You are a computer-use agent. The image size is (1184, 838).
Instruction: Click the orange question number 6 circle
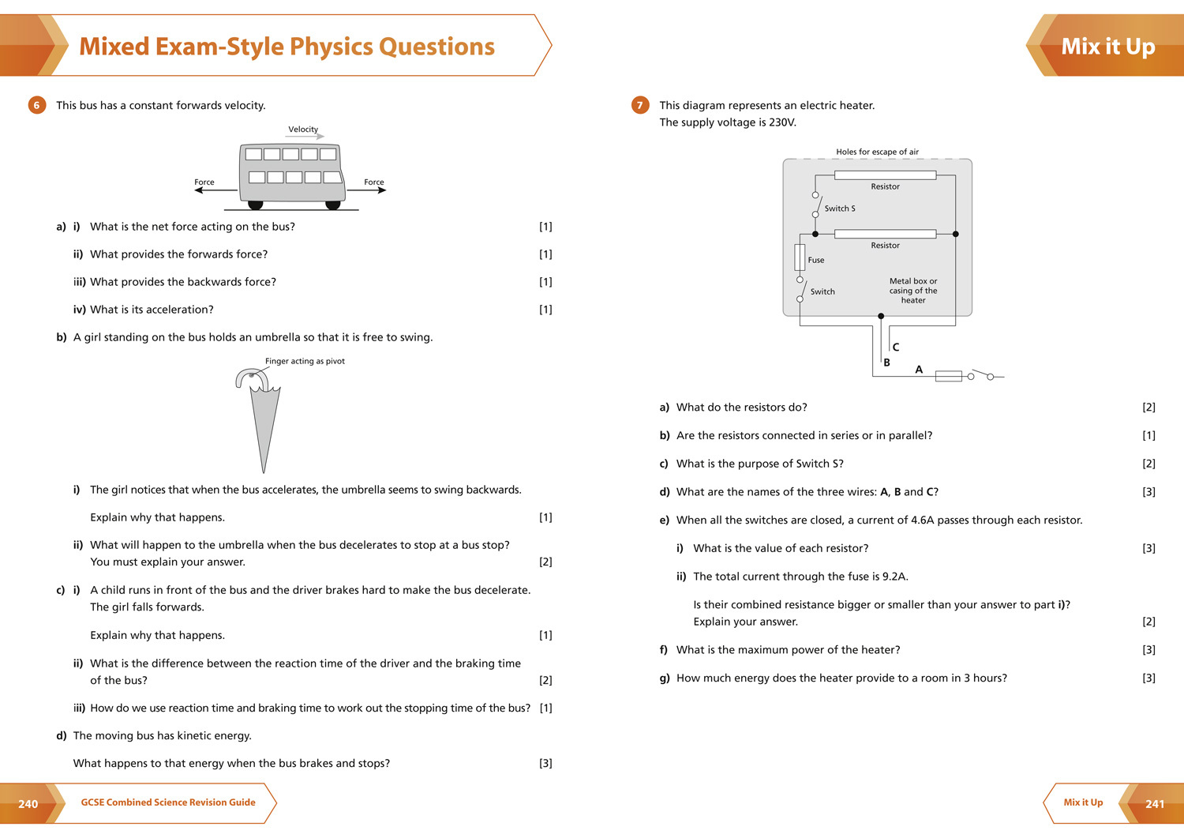click(36, 105)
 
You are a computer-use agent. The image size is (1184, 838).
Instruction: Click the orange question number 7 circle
click(639, 105)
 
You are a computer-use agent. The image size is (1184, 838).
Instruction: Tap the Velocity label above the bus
click(303, 130)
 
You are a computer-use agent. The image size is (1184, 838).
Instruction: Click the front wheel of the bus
click(333, 205)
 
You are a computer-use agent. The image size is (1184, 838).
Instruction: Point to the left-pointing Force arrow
click(214, 190)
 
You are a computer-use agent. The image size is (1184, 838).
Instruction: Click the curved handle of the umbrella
click(249, 377)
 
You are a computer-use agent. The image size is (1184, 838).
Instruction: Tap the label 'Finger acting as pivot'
click(305, 361)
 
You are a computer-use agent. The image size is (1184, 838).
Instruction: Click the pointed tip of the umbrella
click(264, 470)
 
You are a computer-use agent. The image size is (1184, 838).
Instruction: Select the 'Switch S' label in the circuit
click(840, 209)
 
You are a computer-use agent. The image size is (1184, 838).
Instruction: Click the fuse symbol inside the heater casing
click(800, 257)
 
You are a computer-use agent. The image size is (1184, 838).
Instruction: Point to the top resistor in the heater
click(885, 175)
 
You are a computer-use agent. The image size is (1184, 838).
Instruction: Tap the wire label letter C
click(896, 347)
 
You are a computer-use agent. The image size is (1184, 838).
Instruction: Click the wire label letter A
click(919, 369)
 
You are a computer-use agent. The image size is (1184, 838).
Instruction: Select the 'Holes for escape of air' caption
click(877, 152)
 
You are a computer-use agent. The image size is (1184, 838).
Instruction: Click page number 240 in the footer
click(28, 804)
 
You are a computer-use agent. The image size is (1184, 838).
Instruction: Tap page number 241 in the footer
click(1155, 804)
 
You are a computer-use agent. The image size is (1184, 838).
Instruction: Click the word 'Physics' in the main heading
click(330, 47)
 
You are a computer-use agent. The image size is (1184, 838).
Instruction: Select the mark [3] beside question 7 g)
click(1148, 678)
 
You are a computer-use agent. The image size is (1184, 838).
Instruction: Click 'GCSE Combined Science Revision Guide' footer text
click(168, 802)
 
